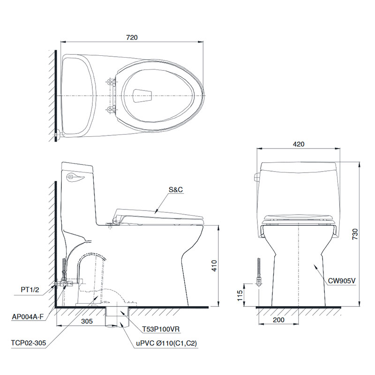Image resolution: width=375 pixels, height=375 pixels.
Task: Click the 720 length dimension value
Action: point(132,37)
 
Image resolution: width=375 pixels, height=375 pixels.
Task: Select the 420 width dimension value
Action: point(299,144)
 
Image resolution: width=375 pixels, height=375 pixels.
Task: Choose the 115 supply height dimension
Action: point(240,295)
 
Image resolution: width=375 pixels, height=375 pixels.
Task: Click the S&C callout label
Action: point(176,190)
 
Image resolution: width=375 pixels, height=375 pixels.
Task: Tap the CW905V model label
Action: point(342,281)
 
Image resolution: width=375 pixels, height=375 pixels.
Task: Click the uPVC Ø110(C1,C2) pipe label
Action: point(166,344)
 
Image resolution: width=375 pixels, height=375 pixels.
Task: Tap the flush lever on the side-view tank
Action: point(75,177)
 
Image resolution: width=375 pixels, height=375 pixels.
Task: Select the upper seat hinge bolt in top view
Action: point(111,82)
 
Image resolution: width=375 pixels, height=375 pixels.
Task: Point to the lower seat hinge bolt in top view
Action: point(111,110)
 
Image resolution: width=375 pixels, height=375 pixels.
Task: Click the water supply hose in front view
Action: point(258,272)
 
